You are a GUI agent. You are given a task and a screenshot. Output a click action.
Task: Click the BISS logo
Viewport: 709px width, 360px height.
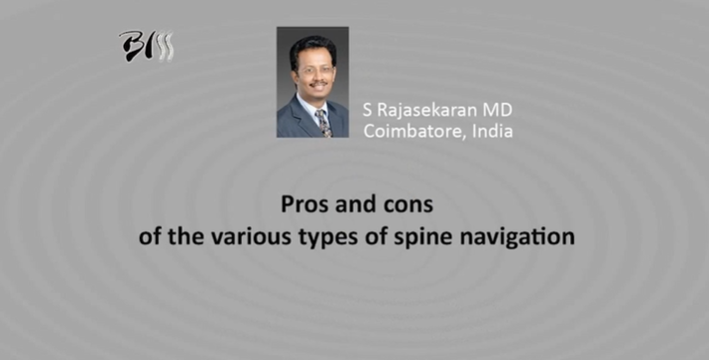click(x=146, y=46)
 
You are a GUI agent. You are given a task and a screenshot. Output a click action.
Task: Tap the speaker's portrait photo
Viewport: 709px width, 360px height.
click(x=312, y=81)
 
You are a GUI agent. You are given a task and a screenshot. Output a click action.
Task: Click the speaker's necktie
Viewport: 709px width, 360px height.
click(x=323, y=122)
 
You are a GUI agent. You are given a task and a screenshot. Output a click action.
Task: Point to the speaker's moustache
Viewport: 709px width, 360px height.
click(x=310, y=82)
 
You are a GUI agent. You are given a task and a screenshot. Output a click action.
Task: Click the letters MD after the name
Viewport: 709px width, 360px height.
click(x=501, y=109)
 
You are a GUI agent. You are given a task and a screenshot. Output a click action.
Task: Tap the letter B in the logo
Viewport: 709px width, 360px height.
click(x=131, y=46)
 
